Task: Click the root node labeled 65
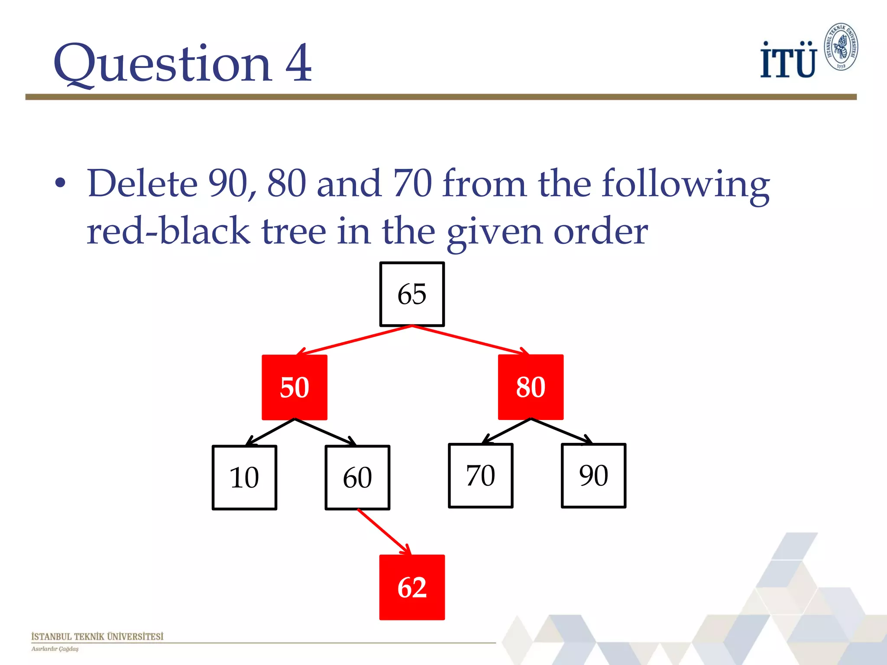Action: [x=412, y=294]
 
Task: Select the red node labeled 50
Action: [x=295, y=387]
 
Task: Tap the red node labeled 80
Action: [x=531, y=387]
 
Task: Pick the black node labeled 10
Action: [x=244, y=478]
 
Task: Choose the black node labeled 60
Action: [x=357, y=478]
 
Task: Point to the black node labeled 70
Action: [x=481, y=475]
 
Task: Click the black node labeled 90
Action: [x=593, y=475]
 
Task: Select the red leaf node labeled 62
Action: [x=412, y=587]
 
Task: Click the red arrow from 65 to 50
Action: [x=355, y=340]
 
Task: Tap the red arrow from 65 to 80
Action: [x=470, y=340]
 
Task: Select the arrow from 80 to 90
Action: [x=561, y=431]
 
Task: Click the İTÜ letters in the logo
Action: [x=788, y=61]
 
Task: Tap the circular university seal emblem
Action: [x=841, y=47]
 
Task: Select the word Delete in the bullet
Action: [x=142, y=184]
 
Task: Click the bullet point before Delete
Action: [x=61, y=184]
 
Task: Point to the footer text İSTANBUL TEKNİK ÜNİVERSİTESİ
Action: [x=97, y=636]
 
